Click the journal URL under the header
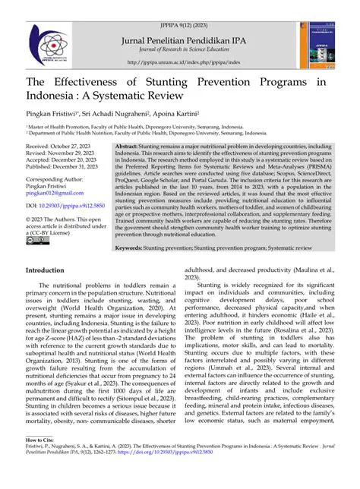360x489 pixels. (x=179, y=62)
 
